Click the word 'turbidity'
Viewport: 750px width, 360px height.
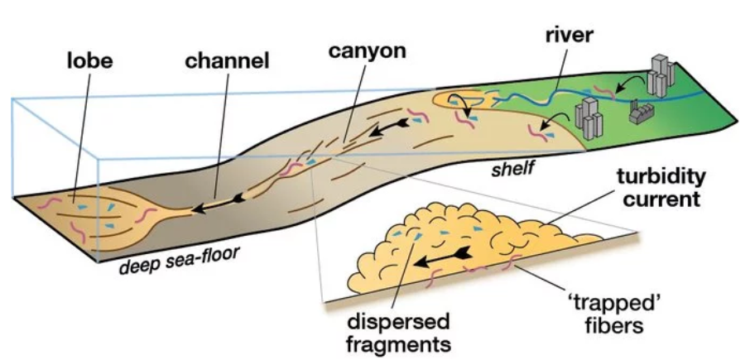tap(660, 177)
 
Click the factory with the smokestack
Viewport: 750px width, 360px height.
tap(640, 110)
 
